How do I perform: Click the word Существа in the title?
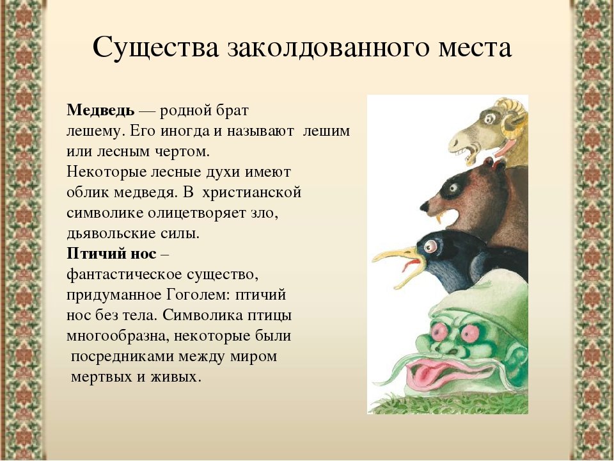[x=156, y=47]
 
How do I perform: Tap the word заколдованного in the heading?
[x=327, y=47]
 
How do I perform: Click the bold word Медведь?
[x=100, y=110]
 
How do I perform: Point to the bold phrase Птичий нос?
[x=111, y=254]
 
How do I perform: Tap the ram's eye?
[x=489, y=118]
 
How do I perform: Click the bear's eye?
[x=454, y=188]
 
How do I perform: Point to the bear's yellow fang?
[x=439, y=218]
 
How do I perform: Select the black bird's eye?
[x=430, y=246]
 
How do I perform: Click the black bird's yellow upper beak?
[x=393, y=254]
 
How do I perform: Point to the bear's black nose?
[x=425, y=205]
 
